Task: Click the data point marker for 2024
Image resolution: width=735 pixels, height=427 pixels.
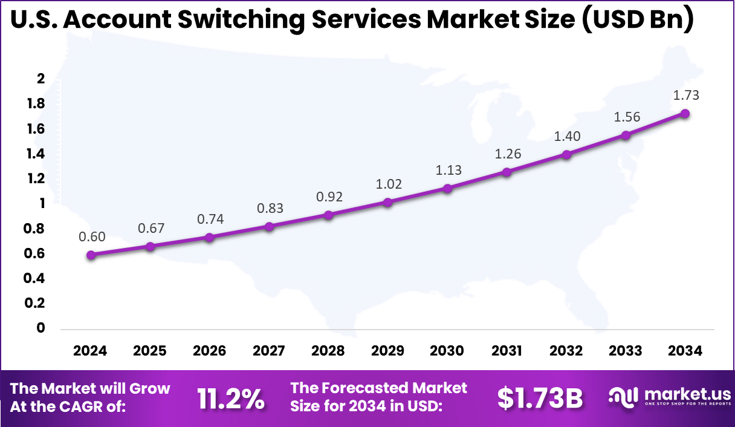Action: pos(91,255)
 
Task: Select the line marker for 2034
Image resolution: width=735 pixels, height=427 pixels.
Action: pos(685,114)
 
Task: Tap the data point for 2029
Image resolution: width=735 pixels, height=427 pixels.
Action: pos(388,202)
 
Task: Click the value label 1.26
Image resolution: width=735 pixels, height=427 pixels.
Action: pos(507,154)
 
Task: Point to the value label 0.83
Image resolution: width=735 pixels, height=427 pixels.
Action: pos(270,208)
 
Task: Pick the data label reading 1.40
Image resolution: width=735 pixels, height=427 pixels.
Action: pos(567,136)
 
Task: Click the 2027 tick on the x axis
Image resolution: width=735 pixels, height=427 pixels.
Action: pos(269,351)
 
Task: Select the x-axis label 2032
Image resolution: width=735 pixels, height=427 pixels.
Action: pos(566,351)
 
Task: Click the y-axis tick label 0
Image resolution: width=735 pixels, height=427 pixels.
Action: pos(41,328)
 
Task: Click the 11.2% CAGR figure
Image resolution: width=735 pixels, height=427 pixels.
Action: pos(231,399)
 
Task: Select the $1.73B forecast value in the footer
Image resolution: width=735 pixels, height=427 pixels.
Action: pos(540,399)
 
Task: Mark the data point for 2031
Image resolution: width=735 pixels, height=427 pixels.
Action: pos(507,172)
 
